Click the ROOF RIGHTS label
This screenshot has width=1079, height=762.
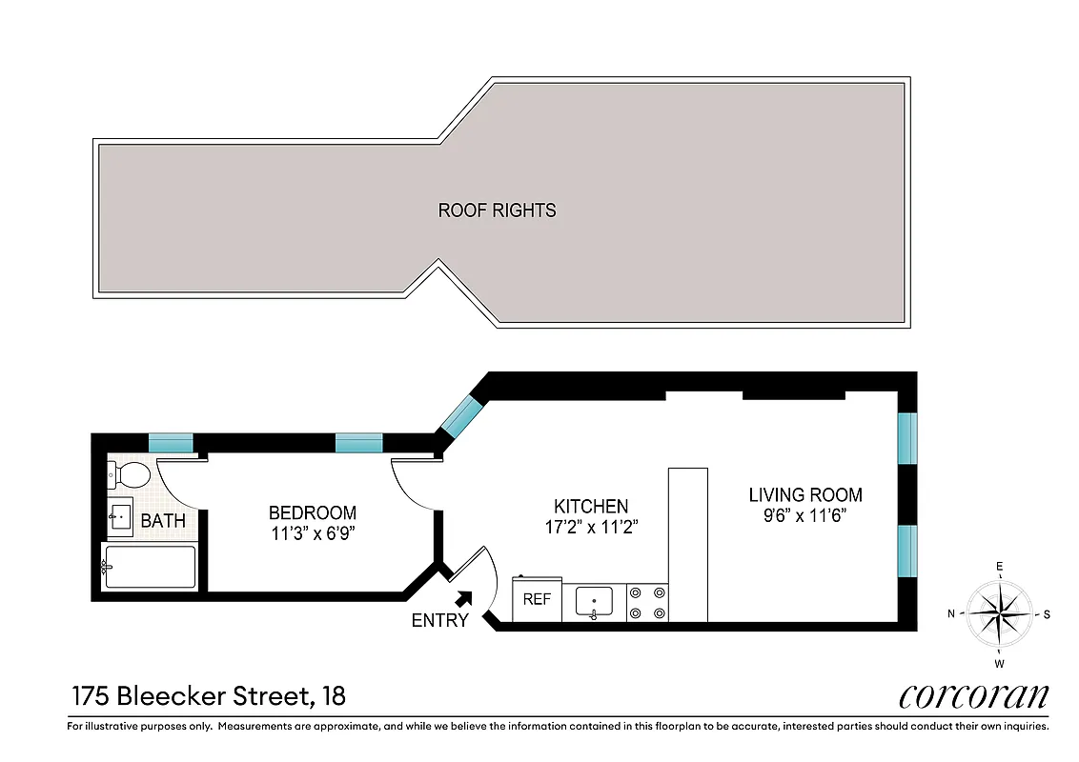[497, 211]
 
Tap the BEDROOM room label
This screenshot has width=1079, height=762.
[312, 512]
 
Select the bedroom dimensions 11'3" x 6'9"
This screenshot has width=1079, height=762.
[312, 534]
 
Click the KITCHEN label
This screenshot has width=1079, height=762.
[591, 506]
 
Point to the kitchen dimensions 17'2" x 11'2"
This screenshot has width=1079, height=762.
[591, 527]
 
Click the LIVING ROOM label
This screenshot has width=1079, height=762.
[805, 494]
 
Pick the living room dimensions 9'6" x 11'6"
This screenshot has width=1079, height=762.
[805, 515]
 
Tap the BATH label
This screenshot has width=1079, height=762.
[163, 521]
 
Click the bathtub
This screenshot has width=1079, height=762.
[150, 567]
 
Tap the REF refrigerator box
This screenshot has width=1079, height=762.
[538, 600]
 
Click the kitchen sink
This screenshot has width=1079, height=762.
[595, 603]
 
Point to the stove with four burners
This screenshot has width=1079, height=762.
[648, 603]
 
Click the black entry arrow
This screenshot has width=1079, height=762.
[464, 598]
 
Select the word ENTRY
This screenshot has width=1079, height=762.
[439, 621]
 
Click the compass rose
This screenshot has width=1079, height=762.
[999, 614]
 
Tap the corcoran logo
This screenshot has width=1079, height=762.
[973, 696]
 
